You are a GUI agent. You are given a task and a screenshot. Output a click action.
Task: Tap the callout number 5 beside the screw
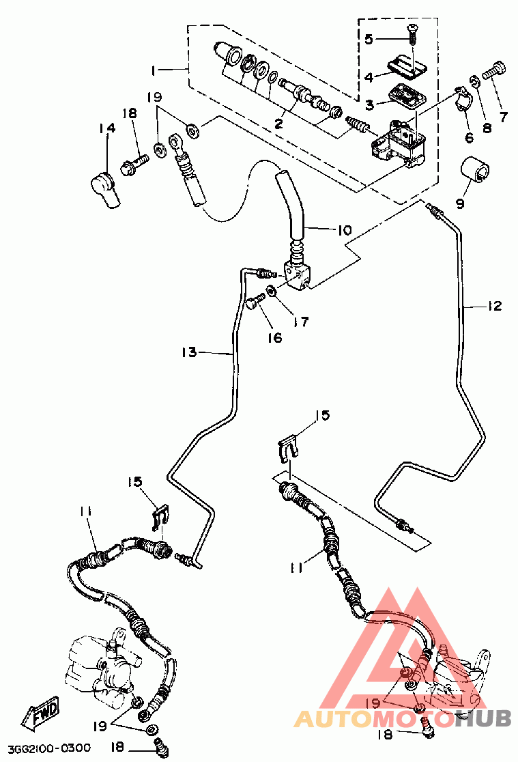tap(369, 38)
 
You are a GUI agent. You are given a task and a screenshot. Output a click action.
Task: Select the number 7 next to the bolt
tap(504, 116)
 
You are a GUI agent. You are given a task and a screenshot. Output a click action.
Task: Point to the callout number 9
tap(460, 203)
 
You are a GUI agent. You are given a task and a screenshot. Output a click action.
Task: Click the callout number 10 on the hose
tap(345, 229)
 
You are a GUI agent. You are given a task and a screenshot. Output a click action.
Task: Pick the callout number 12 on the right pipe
tap(495, 306)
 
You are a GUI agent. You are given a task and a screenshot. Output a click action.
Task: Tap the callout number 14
tap(107, 128)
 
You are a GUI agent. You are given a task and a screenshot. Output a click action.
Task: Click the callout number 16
tap(275, 337)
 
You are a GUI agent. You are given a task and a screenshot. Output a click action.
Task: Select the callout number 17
tap(301, 321)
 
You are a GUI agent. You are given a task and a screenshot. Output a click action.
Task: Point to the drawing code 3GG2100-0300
tap(49, 748)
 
